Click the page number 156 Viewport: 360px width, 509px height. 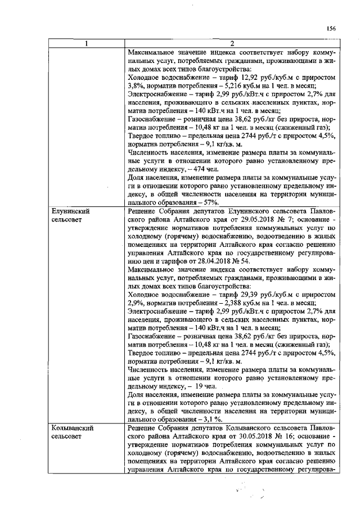click(x=331, y=29)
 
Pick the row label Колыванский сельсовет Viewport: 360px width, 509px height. click(x=71, y=433)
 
